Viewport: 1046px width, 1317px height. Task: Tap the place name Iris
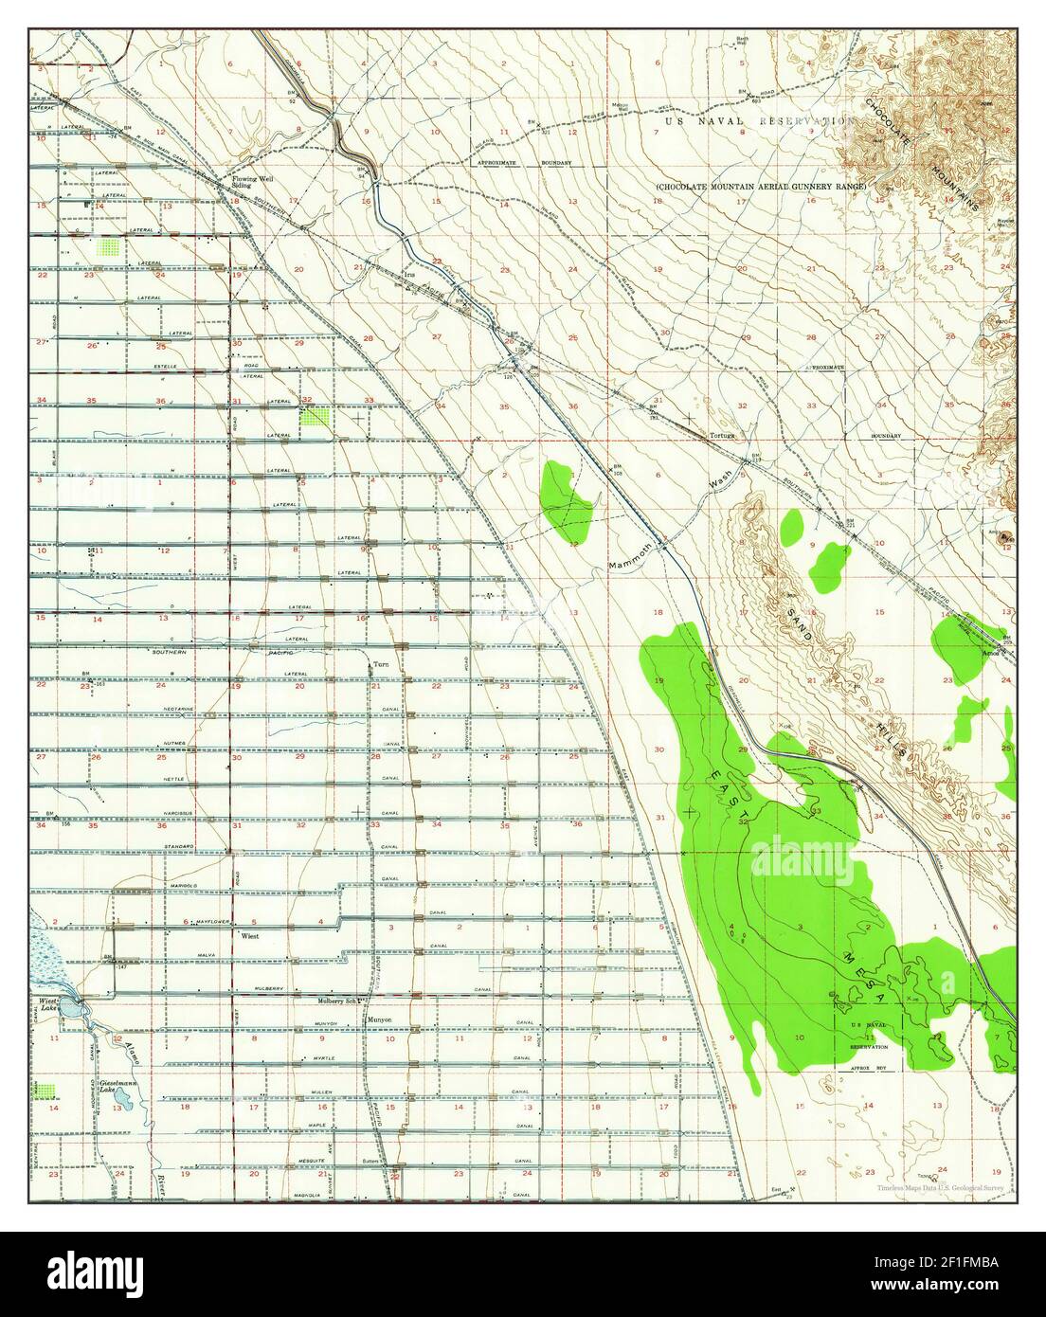[409, 276]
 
